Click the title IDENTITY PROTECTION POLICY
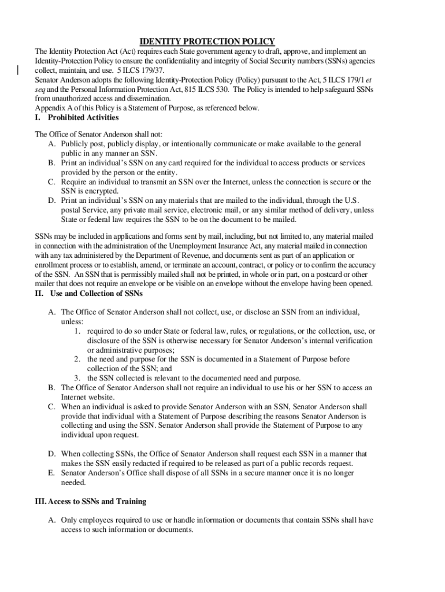point(207,41)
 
